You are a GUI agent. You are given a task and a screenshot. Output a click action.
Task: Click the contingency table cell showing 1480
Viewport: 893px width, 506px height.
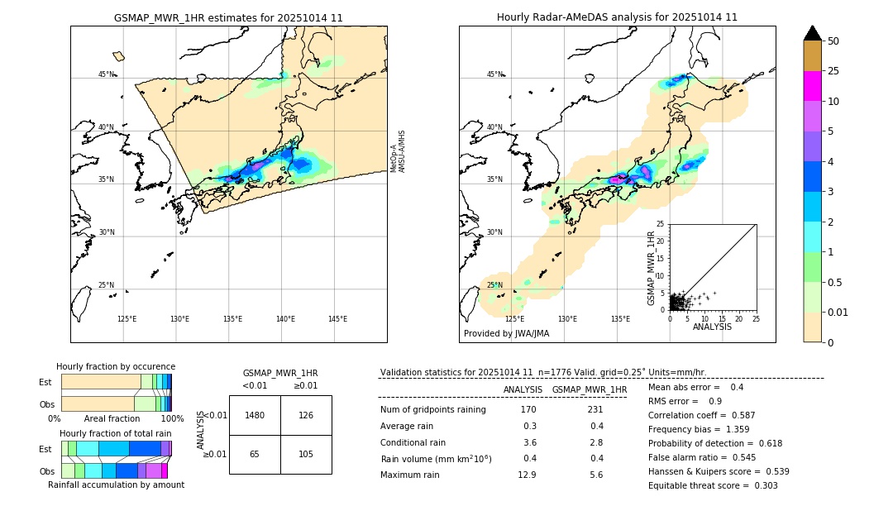pyautogui.click(x=255, y=415)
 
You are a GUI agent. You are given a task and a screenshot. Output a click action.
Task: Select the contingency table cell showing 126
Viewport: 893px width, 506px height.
pyautogui.click(x=306, y=415)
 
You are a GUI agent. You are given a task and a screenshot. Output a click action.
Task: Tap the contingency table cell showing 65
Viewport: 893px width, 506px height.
pyautogui.click(x=255, y=455)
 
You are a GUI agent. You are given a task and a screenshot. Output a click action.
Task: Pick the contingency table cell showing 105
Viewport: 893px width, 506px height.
pyautogui.click(x=306, y=455)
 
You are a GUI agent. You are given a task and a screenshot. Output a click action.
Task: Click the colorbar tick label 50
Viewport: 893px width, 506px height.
pyautogui.click(x=833, y=41)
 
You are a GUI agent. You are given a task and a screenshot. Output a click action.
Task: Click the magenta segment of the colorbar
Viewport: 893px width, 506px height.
pyautogui.click(x=813, y=86)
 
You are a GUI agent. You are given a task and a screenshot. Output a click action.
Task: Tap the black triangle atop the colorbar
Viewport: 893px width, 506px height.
pyautogui.click(x=813, y=33)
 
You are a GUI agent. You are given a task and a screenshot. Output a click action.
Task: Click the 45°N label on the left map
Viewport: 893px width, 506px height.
pyautogui.click(x=107, y=74)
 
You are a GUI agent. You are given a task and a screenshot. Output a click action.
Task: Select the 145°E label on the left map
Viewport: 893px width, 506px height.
pyautogui.click(x=337, y=319)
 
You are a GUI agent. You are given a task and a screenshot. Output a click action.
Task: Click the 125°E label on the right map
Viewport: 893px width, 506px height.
pyautogui.click(x=514, y=319)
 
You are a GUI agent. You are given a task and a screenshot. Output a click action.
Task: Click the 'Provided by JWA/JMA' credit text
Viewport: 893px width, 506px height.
pyautogui.click(x=506, y=334)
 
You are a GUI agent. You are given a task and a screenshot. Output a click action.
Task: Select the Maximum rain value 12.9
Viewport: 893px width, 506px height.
pyautogui.click(x=527, y=475)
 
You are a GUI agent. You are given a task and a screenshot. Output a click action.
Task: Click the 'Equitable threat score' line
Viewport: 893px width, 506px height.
pyautogui.click(x=713, y=485)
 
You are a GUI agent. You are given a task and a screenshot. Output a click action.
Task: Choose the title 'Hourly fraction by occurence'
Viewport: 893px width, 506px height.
pyautogui.click(x=116, y=366)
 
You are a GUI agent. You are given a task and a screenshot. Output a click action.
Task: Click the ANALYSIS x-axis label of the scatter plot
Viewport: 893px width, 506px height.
pyautogui.click(x=712, y=327)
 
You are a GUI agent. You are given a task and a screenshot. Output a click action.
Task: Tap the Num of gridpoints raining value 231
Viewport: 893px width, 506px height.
pyautogui.click(x=595, y=409)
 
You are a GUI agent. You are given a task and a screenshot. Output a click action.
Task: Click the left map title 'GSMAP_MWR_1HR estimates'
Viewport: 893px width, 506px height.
pyautogui.click(x=228, y=17)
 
